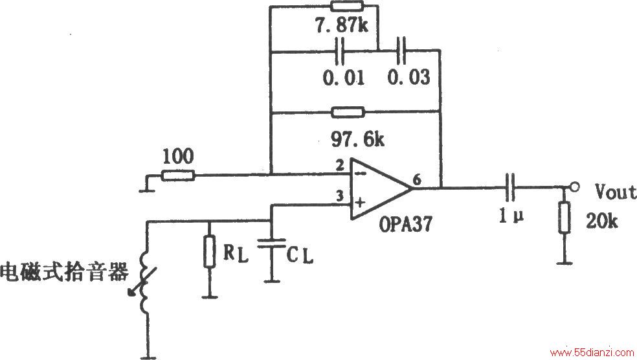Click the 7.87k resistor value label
(341, 26)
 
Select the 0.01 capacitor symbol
(340, 51)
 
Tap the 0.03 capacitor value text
(408, 77)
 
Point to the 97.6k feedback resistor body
(348, 112)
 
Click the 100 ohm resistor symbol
(178, 175)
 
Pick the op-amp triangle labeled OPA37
(381, 189)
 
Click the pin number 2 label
(340, 165)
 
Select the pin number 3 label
(339, 196)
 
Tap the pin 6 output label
(417, 179)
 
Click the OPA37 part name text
(405, 224)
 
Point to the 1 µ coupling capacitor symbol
(511, 187)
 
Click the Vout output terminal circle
(574, 187)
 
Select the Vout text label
(616, 192)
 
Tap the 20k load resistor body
(564, 218)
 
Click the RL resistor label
(235, 254)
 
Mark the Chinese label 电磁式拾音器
(64, 272)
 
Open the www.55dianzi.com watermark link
(592, 352)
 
